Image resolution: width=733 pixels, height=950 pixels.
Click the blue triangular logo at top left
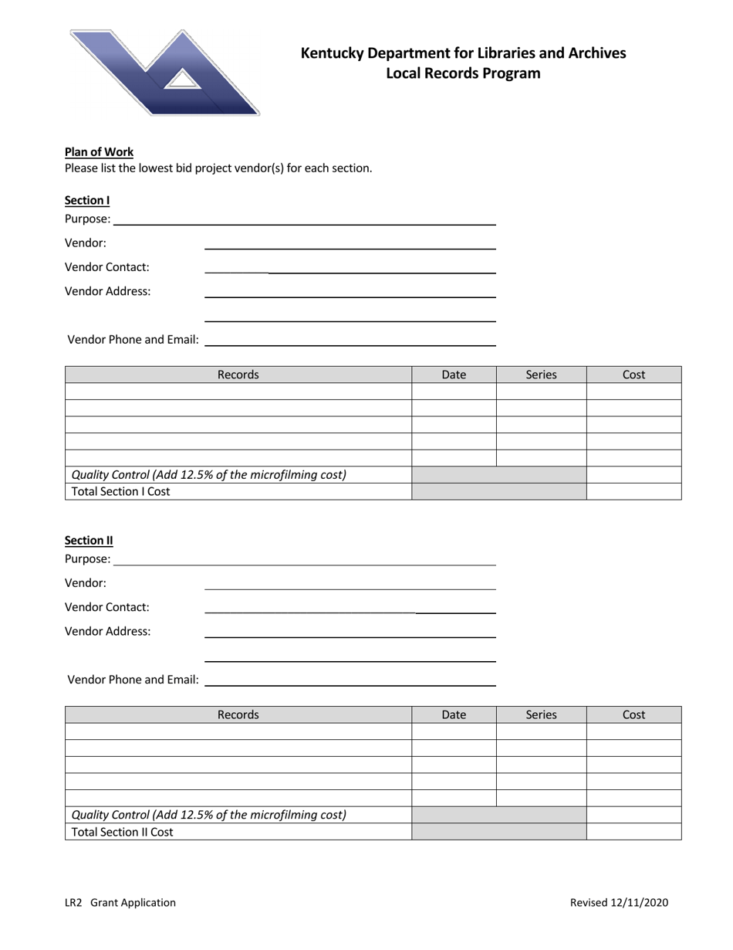[x=165, y=73]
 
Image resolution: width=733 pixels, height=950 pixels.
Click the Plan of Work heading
[x=99, y=152]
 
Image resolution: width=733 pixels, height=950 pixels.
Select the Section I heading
[x=87, y=200]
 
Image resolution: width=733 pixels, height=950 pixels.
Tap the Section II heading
[x=89, y=541]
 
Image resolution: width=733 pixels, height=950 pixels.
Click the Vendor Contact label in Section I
[x=107, y=267]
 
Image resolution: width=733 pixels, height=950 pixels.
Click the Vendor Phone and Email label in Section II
[x=133, y=680]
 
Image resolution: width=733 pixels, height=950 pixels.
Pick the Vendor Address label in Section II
[x=108, y=631]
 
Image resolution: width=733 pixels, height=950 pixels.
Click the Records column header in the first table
[x=238, y=375]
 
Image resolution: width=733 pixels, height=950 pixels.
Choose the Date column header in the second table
[x=454, y=715]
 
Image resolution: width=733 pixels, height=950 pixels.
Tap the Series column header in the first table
[x=541, y=375]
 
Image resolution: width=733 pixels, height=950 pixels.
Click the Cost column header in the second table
[x=633, y=715]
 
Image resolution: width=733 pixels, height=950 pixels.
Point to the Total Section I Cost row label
[x=121, y=491]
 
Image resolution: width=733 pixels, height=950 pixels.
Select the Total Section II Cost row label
[x=123, y=832]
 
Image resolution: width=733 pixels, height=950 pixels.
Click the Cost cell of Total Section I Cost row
[x=633, y=491]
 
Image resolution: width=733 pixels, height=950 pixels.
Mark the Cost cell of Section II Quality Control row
[x=633, y=815]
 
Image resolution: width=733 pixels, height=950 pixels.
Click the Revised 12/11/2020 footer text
[x=619, y=902]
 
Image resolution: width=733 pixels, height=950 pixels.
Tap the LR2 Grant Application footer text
[x=120, y=902]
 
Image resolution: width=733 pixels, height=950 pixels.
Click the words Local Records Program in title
[x=463, y=74]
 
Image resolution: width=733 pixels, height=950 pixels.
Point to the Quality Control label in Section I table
[x=209, y=474]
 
